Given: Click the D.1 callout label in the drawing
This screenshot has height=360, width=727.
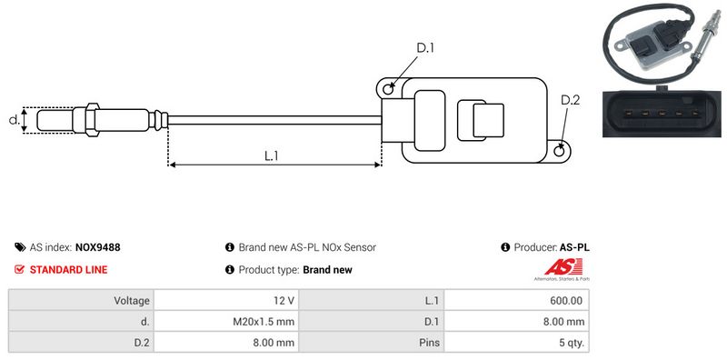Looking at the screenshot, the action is pos(424,47).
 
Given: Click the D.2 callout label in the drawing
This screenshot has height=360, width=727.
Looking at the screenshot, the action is pos(571,100).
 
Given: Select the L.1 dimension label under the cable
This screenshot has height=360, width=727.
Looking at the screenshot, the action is pos(271,155).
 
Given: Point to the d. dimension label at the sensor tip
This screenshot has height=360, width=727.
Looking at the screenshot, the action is pos(14,120).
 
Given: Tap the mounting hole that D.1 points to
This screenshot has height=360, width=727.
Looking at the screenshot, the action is pos(389,88).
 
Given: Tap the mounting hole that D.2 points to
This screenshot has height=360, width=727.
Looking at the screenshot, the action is pos(560,150).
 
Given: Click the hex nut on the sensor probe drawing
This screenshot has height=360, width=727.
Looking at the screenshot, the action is pos(93,120).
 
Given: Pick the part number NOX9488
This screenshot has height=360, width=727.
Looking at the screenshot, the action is pos(98,247).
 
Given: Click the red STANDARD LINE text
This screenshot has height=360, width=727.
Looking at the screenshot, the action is pos(69,269).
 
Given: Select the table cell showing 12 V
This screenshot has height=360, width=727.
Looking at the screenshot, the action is pos(226,301).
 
